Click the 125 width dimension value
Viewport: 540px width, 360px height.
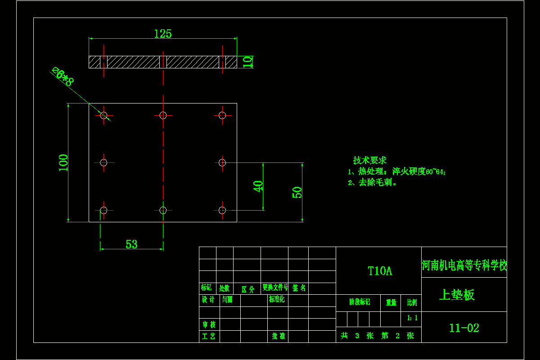pos(163,34)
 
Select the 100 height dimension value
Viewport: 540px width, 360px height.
pos(63,162)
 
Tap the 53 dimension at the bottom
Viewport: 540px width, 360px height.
pos(131,244)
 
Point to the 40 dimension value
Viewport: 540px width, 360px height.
pos(258,186)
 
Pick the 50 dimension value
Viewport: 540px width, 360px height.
pos(297,192)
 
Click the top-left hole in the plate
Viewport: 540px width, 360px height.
pos(104,115)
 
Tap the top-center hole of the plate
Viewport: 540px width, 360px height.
pos(163,115)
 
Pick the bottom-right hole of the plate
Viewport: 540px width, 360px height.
pos(222,210)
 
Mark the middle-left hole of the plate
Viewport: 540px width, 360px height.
pos(103,162)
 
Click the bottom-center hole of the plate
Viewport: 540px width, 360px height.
pos(163,210)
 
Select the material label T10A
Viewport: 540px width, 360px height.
pos(380,271)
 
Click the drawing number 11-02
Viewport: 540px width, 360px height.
pos(464,328)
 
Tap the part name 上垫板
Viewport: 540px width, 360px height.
pos(457,295)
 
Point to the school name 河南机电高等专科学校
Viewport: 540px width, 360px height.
pos(464,265)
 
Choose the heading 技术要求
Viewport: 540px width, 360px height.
pos(370,160)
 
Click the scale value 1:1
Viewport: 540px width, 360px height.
pos(412,318)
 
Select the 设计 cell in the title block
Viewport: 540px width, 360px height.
pos(208,300)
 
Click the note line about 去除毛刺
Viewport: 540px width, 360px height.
pos(373,183)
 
